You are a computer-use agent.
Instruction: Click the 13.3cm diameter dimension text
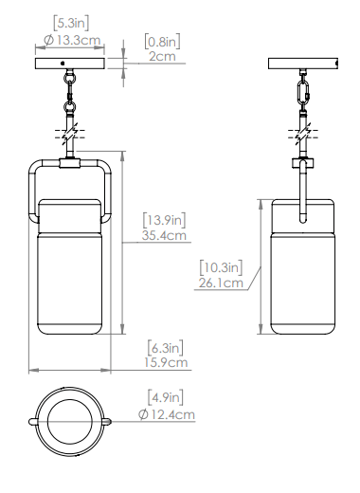72,40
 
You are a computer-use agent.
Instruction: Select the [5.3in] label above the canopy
71,23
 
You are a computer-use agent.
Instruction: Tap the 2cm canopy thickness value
162,57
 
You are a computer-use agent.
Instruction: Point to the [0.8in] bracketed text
162,42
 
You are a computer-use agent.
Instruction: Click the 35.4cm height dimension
164,235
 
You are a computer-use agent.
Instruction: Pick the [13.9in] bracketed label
164,220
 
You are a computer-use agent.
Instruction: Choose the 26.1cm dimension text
221,283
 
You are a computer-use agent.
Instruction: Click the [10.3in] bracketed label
221,267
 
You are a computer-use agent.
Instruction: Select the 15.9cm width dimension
166,362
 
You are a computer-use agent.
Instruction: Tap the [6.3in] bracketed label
166,347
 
